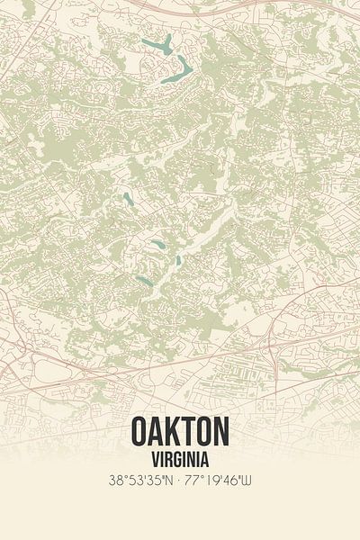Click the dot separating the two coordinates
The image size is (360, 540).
tap(181, 480)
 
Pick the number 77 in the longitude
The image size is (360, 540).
tap(193, 480)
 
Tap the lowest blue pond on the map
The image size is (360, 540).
tap(144, 280)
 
